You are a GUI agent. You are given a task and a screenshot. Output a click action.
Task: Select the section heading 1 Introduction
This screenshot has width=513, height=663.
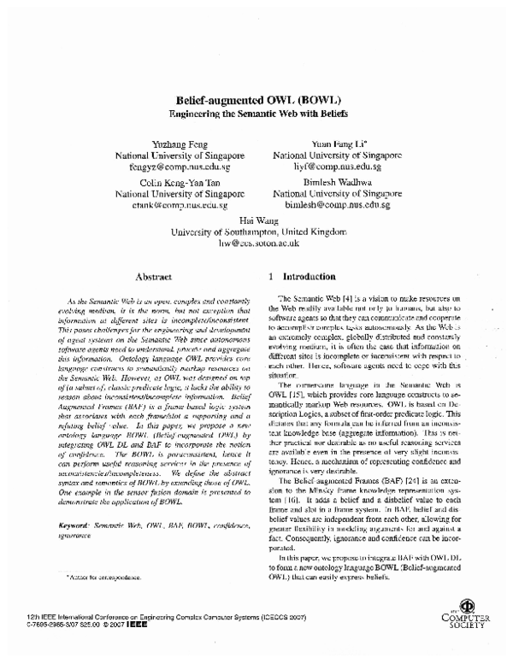point(304,277)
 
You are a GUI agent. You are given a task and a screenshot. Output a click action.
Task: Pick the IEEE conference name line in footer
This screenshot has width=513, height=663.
point(163,626)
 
